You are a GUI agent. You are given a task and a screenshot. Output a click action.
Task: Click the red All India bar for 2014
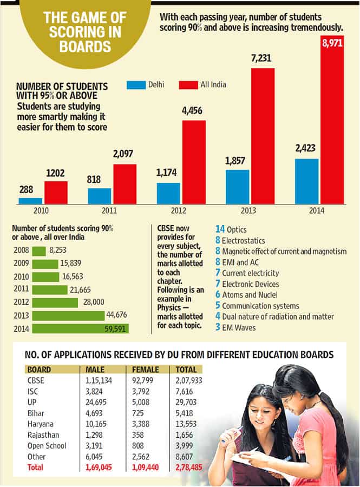pyautogui.click(x=332, y=120)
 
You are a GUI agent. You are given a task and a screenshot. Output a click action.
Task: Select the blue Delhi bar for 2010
pyautogui.click(x=30, y=201)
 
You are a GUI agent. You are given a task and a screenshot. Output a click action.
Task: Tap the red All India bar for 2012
pyautogui.click(x=194, y=162)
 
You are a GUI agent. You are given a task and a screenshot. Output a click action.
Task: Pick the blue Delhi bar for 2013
pyautogui.click(x=237, y=187)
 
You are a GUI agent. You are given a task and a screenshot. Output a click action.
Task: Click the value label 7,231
pyautogui.click(x=261, y=58)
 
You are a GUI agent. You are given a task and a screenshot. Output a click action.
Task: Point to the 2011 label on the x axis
pyautogui.click(x=109, y=210)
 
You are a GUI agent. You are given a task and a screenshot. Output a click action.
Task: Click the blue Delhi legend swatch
pyautogui.click(x=136, y=85)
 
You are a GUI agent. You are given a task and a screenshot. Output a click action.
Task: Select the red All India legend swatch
pyautogui.click(x=188, y=85)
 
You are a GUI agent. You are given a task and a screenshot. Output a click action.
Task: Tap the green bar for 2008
pyautogui.click(x=39, y=251)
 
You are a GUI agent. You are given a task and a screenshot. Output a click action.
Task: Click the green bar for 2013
pyautogui.click(x=68, y=316)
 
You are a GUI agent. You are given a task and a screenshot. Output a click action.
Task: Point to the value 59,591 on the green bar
pyautogui.click(x=115, y=328)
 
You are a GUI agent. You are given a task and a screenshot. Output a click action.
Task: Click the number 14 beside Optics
pyautogui.click(x=220, y=229)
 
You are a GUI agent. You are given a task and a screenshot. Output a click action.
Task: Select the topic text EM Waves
pyautogui.click(x=239, y=328)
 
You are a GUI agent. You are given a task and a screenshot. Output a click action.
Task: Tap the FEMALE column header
pyautogui.click(x=146, y=370)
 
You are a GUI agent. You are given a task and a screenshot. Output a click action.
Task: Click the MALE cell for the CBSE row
pyautogui.click(x=99, y=380)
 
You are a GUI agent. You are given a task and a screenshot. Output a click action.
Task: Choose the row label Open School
pyautogui.click(x=47, y=446)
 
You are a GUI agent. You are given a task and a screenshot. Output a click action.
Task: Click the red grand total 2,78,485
pyautogui.click(x=189, y=468)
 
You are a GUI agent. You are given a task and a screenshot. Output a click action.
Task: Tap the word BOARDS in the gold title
pyautogui.click(x=85, y=47)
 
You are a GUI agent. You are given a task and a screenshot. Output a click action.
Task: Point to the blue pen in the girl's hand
pyautogui.click(x=232, y=433)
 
